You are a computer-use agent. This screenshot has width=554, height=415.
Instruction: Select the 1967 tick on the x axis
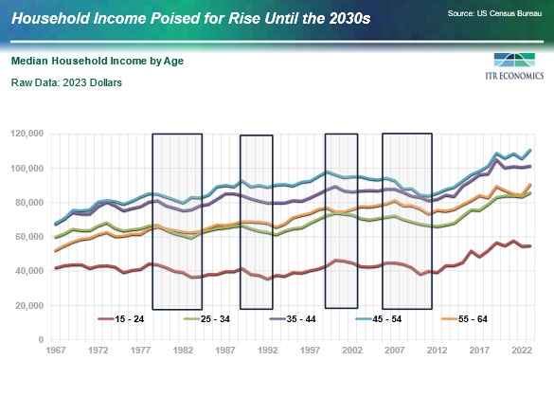[x=57, y=351]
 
